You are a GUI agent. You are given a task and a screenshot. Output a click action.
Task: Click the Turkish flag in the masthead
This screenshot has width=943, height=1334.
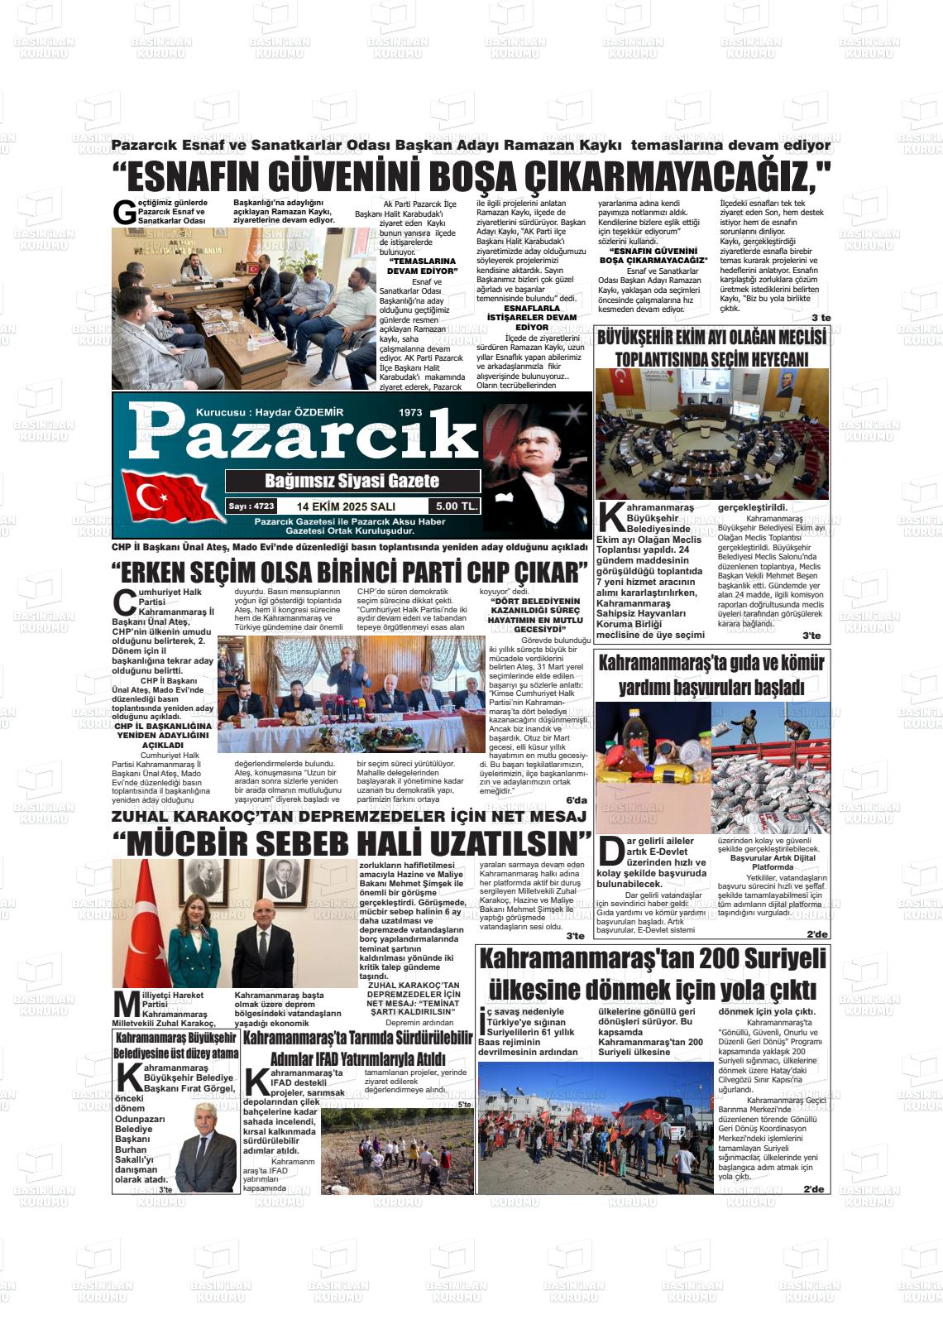pyautogui.click(x=169, y=497)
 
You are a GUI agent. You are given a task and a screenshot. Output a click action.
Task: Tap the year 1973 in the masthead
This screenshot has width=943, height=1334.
pyautogui.click(x=410, y=412)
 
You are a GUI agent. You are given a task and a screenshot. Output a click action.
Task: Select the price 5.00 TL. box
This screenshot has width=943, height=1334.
pyautogui.click(x=453, y=506)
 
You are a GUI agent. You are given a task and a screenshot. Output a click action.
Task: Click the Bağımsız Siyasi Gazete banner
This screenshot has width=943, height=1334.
pyautogui.click(x=352, y=481)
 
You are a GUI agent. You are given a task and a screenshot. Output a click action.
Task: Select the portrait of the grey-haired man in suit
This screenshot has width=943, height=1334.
pyautogui.click(x=206, y=1149)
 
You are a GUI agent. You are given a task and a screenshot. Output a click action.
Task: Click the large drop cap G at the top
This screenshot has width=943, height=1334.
pyautogui.click(x=124, y=213)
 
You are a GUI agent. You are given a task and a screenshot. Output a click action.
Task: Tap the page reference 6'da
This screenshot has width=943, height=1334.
pyautogui.click(x=576, y=800)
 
